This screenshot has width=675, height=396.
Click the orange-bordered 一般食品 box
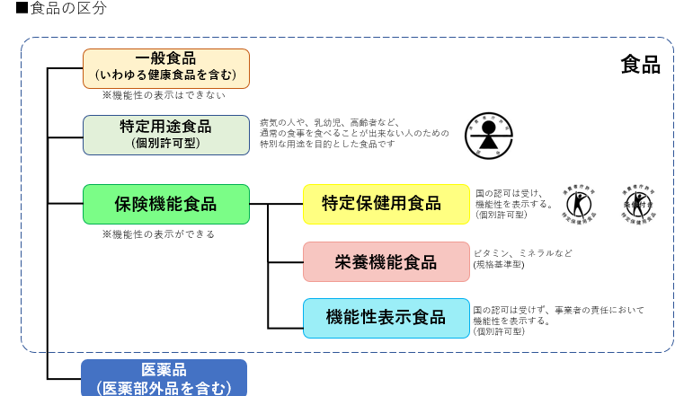coord(165,67)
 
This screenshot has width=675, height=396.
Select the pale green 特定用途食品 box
coord(165,134)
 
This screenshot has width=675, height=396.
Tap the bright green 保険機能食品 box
coord(165,204)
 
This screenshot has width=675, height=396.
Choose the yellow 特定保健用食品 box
coord(386,204)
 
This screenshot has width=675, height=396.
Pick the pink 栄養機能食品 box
coord(386,261)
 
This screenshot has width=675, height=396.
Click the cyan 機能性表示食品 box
coord(386,317)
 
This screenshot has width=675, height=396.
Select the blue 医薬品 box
coord(164,378)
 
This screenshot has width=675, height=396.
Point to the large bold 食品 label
coord(640,65)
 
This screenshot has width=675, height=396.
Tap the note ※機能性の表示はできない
coord(163,94)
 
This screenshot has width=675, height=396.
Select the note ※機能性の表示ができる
coord(158,233)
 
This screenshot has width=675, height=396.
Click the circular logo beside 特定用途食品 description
coord(487,135)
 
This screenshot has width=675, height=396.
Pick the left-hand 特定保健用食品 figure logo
coord(578,204)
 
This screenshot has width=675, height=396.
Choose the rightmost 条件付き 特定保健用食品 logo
coord(638,204)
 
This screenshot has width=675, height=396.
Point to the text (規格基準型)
coord(499,265)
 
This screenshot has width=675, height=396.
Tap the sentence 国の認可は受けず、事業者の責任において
coord(558,310)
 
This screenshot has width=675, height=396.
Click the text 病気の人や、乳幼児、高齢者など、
coord(329,122)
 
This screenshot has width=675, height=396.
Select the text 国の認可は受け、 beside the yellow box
coord(509,192)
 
